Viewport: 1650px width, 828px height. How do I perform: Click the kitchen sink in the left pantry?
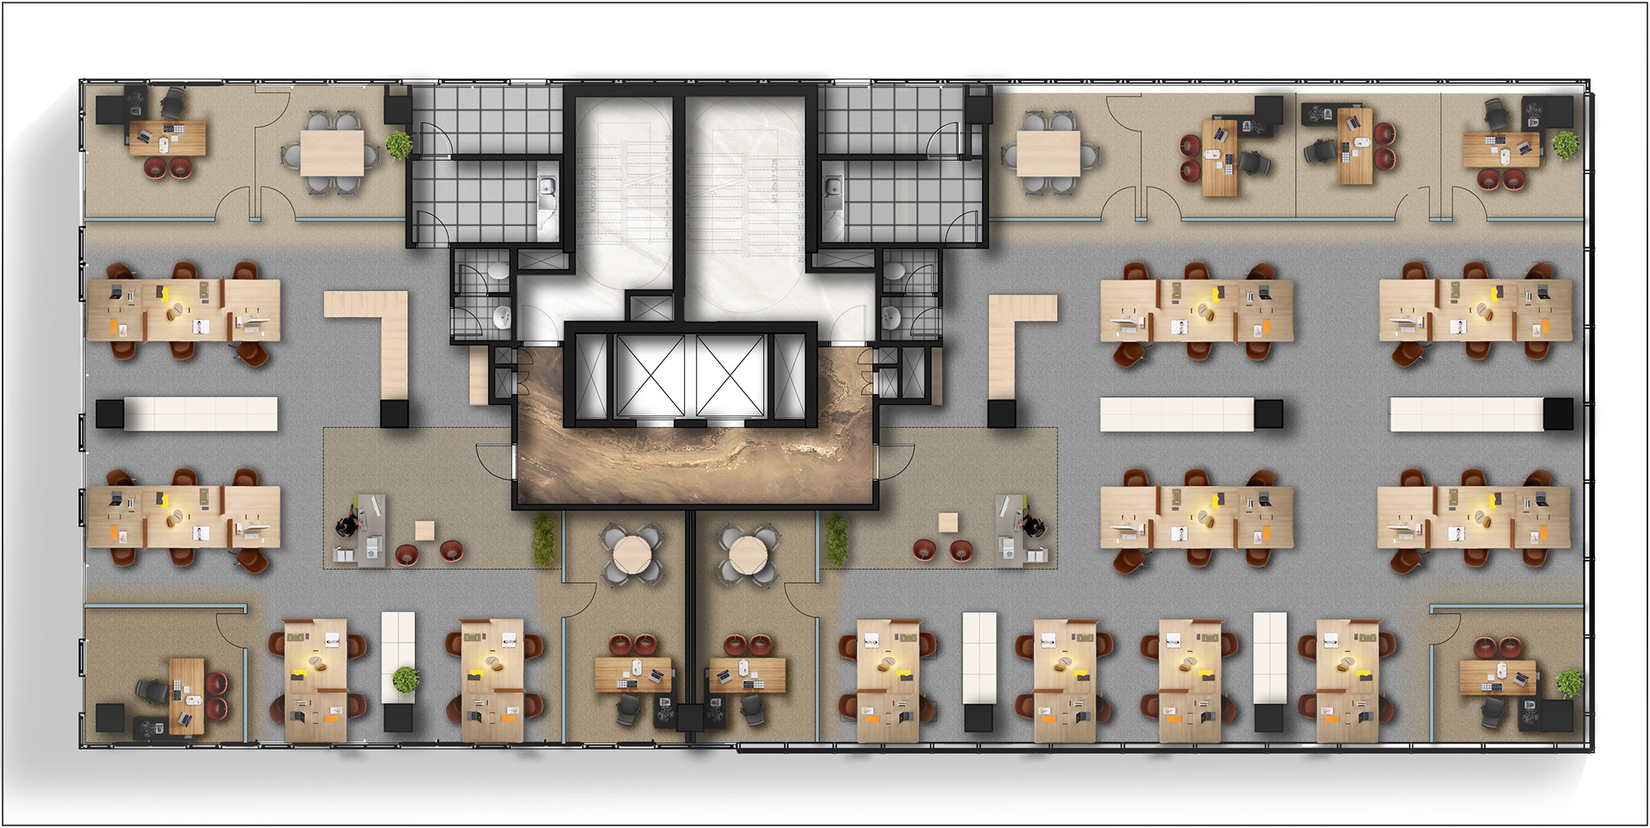[546, 193]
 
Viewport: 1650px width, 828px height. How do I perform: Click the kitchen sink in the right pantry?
[832, 193]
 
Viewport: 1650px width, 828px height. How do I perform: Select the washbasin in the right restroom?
[891, 317]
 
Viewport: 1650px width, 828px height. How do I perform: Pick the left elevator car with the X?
[649, 375]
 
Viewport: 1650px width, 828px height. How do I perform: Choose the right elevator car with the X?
[730, 375]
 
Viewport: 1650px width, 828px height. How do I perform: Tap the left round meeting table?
[632, 555]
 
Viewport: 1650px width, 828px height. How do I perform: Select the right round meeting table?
[748, 555]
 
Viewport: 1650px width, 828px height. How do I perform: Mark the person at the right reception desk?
[1031, 522]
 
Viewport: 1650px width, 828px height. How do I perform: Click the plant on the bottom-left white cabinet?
[406, 679]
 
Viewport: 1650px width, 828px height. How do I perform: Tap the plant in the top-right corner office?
[1565, 144]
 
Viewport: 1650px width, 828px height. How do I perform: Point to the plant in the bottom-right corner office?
[1569, 682]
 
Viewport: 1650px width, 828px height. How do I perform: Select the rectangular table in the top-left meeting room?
[332, 153]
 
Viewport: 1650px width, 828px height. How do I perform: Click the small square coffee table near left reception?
[425, 530]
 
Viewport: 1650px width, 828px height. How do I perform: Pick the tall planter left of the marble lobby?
[543, 540]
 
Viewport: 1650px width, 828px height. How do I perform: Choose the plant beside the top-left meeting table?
[399, 144]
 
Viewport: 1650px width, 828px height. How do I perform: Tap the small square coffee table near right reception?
[948, 522]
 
